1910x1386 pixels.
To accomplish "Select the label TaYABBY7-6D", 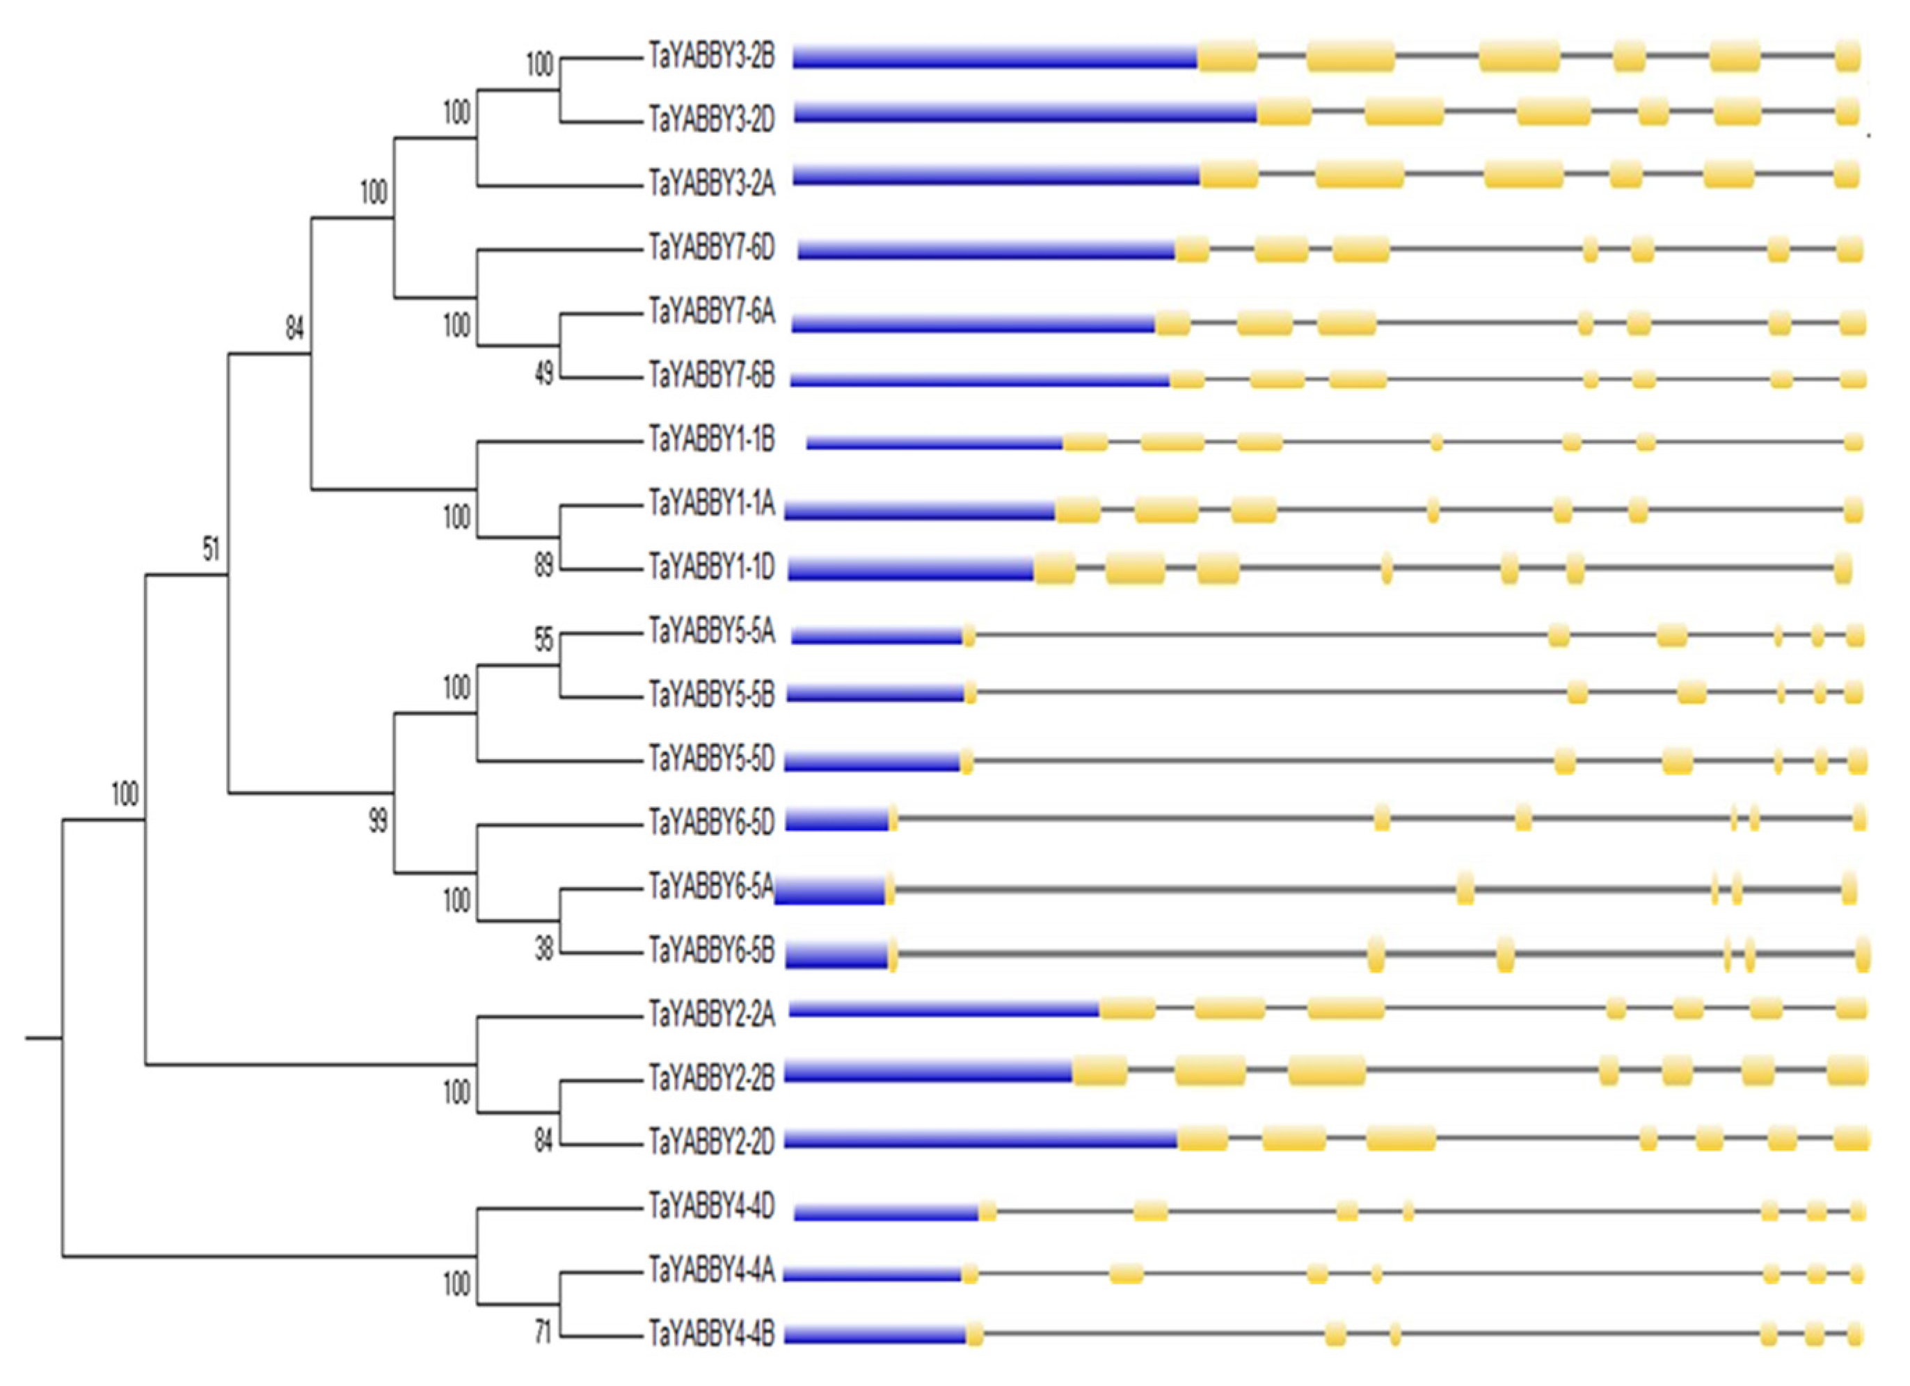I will click(x=711, y=249).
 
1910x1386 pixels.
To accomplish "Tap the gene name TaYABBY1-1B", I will click(x=711, y=440).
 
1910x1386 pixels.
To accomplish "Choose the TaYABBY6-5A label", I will click(x=711, y=886).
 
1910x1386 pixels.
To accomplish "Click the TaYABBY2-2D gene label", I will click(x=711, y=1142).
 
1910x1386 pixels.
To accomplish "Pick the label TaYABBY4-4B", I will click(x=711, y=1334).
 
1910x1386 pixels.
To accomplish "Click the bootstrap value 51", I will click(x=211, y=550).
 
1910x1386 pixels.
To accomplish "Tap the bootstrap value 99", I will click(x=378, y=821).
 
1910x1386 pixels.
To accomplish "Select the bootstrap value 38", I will click(x=544, y=950).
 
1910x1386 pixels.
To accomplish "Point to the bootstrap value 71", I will click(x=544, y=1332).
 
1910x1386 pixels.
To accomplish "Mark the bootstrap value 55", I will click(x=544, y=642).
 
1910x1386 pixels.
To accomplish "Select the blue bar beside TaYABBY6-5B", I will click(x=837, y=954).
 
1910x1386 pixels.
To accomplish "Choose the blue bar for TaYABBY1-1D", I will click(x=910, y=569).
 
